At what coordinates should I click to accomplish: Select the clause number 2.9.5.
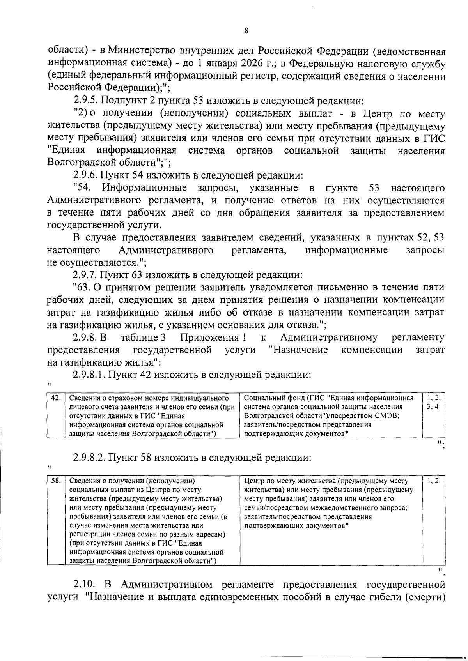pyautogui.click(x=87, y=101)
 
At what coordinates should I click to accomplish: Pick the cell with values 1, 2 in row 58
pyautogui.click(x=433, y=481)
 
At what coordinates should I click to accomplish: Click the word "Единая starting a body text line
pyautogui.click(x=66, y=150)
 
